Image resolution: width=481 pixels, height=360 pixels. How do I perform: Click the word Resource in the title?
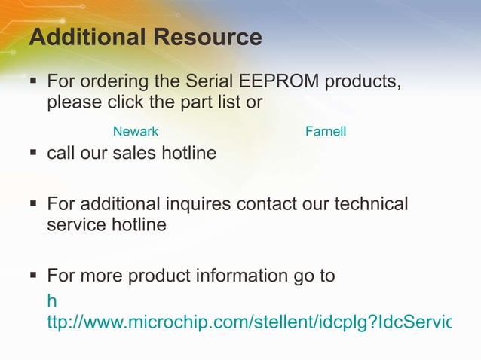pos(213,37)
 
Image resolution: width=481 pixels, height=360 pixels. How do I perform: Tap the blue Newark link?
pos(136,132)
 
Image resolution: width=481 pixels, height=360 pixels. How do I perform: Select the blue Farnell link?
pos(326,132)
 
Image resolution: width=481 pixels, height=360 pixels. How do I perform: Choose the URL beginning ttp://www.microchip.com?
pos(249,323)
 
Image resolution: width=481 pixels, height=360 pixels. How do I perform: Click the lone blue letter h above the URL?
pos(52,302)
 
